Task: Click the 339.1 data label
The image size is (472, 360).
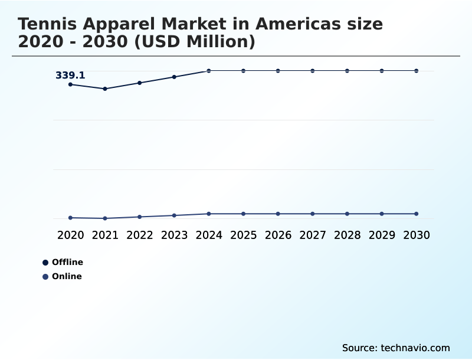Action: click(70, 76)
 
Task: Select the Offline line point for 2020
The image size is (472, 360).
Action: click(71, 84)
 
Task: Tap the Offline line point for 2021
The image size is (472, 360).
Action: click(105, 89)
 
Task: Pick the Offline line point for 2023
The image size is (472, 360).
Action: click(174, 77)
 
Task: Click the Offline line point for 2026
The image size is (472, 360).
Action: click(278, 71)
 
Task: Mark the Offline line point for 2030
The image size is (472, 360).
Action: click(417, 71)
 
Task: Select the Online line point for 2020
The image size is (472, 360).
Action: click(71, 218)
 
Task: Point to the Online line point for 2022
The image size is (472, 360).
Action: click(140, 217)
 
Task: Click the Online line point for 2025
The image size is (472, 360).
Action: click(244, 214)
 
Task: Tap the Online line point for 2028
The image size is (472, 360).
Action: click(347, 214)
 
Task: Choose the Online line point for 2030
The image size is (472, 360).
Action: click(417, 214)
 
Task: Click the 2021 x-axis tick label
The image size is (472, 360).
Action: click(105, 235)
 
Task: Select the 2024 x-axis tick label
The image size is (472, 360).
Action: click(209, 235)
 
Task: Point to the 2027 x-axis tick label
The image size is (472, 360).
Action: click(313, 235)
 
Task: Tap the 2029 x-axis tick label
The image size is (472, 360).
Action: click(382, 235)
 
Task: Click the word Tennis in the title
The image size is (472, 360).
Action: click(49, 24)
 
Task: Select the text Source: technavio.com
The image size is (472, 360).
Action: click(396, 348)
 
